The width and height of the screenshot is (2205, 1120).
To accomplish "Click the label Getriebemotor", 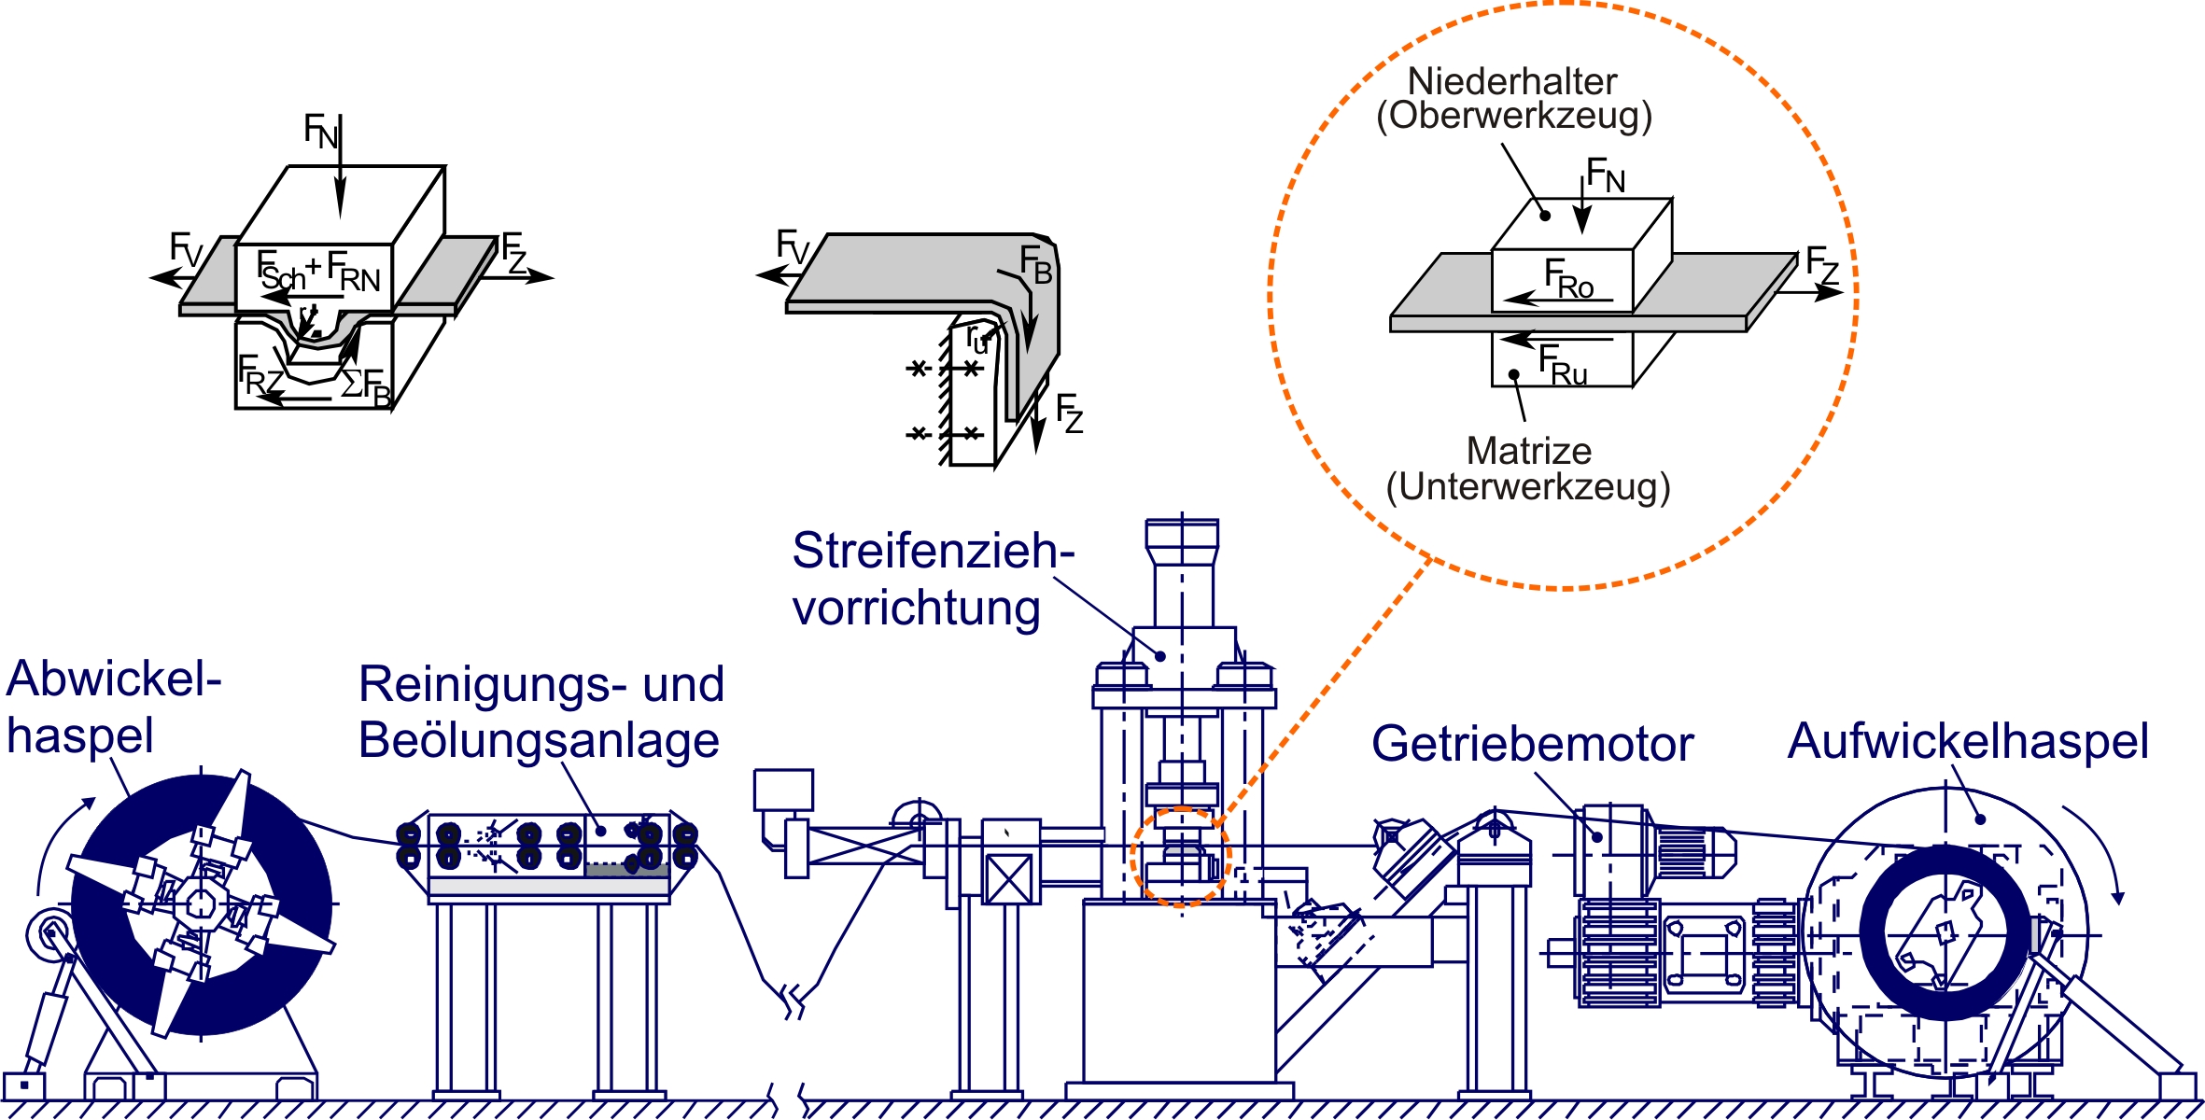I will pos(1532,745).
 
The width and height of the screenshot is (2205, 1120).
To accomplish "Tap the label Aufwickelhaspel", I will pos(1968,742).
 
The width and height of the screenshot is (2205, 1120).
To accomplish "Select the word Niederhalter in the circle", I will pos(1511,82).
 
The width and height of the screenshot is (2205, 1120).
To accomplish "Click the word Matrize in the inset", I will pos(1528,452).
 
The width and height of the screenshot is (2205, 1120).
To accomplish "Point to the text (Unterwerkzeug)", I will pos(1528,487).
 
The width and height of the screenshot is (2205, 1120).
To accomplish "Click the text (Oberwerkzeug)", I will pos(1514,116).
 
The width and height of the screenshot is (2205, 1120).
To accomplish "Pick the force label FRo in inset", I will pos(1568,279).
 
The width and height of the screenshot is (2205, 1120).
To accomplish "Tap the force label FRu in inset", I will pos(1562,365).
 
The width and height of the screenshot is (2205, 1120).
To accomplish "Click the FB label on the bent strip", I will pos(1035,264).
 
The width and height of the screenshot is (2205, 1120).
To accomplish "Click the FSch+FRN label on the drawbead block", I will pos(318,272).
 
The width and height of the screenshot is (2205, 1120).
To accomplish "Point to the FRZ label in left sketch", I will pos(260,376).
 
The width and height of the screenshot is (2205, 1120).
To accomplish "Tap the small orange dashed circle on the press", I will pos(1180,857).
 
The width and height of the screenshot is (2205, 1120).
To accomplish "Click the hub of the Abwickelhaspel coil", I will pos(201,903).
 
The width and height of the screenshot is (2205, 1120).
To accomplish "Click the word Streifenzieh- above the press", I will pos(933,551).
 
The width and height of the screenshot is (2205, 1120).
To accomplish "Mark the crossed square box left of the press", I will pos(1009,879).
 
